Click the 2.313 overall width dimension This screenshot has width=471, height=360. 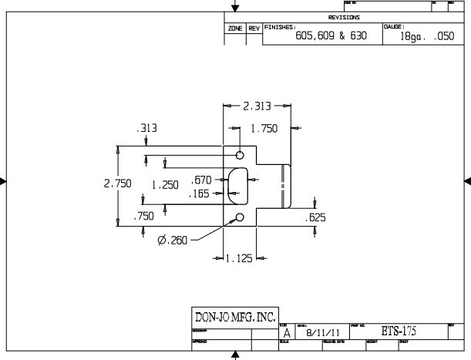(x=257, y=106)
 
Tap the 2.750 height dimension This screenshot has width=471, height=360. (x=118, y=184)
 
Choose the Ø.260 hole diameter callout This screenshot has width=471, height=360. (x=173, y=241)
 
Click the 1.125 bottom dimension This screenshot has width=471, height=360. (x=239, y=259)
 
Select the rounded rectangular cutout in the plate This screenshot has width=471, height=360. (x=238, y=185)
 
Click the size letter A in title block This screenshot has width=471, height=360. (x=288, y=333)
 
